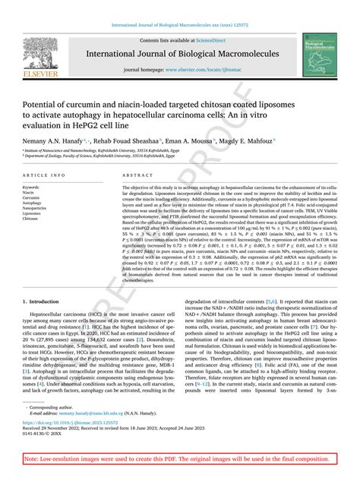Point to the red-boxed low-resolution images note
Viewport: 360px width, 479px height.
[179, 460]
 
